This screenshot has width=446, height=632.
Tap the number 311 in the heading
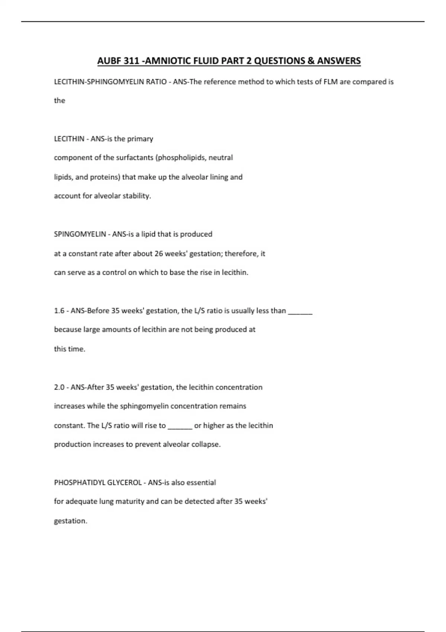click(131, 61)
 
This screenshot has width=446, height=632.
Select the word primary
click(140, 139)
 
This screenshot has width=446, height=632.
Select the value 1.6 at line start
click(59, 311)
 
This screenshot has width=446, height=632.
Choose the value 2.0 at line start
click(59, 387)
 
